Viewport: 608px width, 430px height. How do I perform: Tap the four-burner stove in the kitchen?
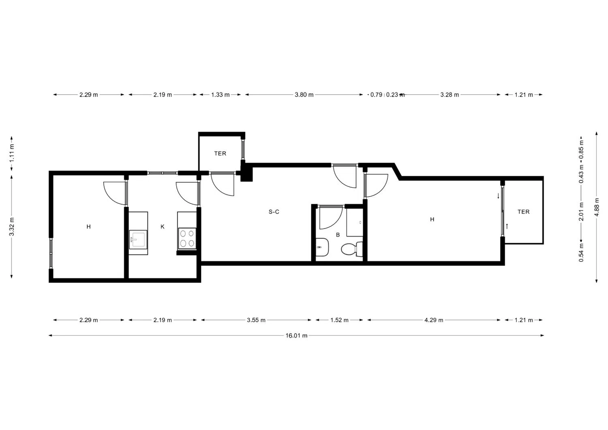pos(187,238)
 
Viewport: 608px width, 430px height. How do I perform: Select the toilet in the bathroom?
pos(352,249)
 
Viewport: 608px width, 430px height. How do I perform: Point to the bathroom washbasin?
pos(322,247)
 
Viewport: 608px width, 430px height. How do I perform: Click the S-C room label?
pos(274,212)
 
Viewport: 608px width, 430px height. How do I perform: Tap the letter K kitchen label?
pos(163,227)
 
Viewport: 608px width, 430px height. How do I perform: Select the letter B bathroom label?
pos(338,235)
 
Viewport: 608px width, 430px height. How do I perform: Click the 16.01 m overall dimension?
pos(296,336)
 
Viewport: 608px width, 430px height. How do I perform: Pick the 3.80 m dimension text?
pos(304,95)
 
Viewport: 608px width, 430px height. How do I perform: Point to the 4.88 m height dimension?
pos(597,207)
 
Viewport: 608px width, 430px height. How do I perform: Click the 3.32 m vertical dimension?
pos(12,227)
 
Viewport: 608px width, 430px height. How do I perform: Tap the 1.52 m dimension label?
pos(339,320)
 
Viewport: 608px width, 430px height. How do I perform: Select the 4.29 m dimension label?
pos(434,320)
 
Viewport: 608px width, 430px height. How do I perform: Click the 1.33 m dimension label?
pos(221,95)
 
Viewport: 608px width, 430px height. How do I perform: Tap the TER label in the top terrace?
pos(220,154)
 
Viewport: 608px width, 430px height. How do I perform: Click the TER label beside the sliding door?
pos(524,212)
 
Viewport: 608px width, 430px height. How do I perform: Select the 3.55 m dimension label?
pos(256,320)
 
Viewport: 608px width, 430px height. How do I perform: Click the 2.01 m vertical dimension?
pos(581,212)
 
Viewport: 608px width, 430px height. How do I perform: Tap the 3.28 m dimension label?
pos(450,95)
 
